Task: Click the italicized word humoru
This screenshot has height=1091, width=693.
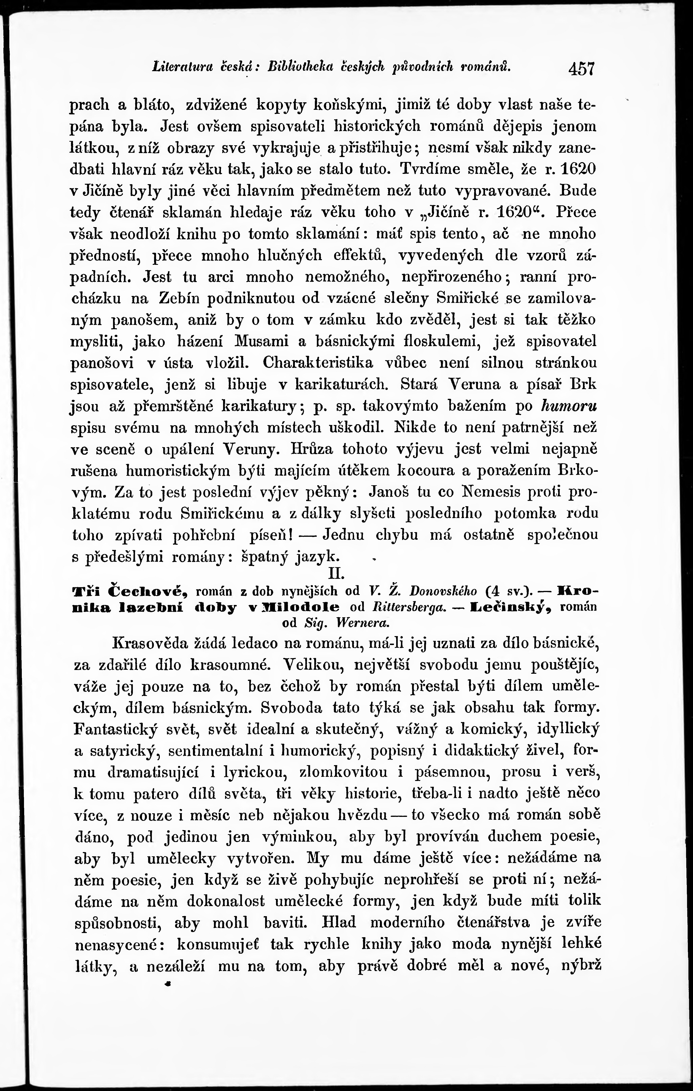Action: (569, 406)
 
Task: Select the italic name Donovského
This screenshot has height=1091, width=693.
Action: (443, 591)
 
